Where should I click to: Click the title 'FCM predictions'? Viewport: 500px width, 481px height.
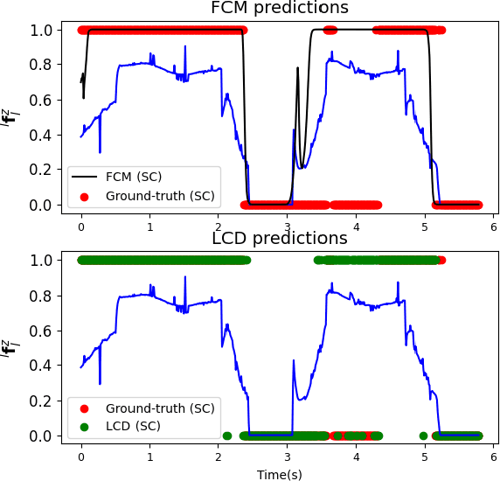point(280,9)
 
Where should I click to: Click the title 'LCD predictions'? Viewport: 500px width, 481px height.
point(280,239)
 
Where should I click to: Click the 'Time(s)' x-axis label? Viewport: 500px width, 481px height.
point(280,474)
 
